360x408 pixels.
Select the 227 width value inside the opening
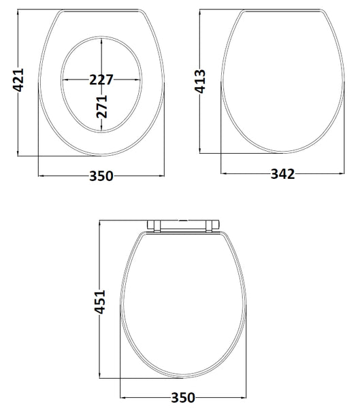(101, 79)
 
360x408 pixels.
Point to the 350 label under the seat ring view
(101, 176)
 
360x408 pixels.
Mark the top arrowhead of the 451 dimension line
(100, 223)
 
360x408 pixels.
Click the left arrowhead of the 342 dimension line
(224, 173)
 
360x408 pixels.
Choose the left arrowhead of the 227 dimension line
(65, 79)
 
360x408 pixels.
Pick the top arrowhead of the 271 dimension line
(101, 37)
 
